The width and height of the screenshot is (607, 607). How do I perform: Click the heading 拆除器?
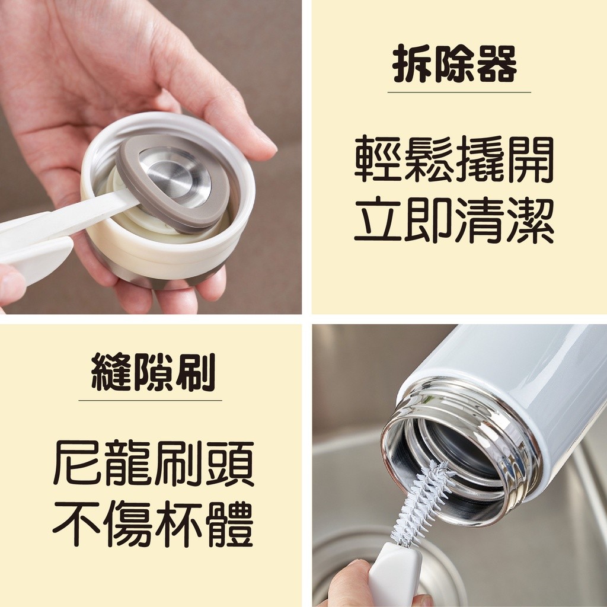pyautogui.click(x=455, y=64)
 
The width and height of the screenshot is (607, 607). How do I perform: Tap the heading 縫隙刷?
pyautogui.click(x=153, y=372)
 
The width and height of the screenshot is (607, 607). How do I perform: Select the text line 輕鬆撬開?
pyautogui.click(x=454, y=159)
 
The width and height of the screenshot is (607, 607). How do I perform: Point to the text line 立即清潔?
pyautogui.click(x=454, y=220)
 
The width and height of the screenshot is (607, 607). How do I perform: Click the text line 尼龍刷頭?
pyautogui.click(x=154, y=463)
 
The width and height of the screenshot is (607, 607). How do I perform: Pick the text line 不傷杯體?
pyautogui.click(x=154, y=523)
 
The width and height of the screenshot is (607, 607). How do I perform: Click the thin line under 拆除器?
pyautogui.click(x=459, y=92)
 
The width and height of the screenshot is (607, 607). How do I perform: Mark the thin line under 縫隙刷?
pyautogui.click(x=150, y=400)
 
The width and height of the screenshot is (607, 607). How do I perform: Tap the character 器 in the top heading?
pyautogui.click(x=497, y=64)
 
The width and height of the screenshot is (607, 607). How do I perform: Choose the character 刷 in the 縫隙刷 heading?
pyautogui.click(x=196, y=372)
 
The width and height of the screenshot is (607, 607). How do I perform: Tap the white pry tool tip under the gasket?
pyautogui.click(x=128, y=201)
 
